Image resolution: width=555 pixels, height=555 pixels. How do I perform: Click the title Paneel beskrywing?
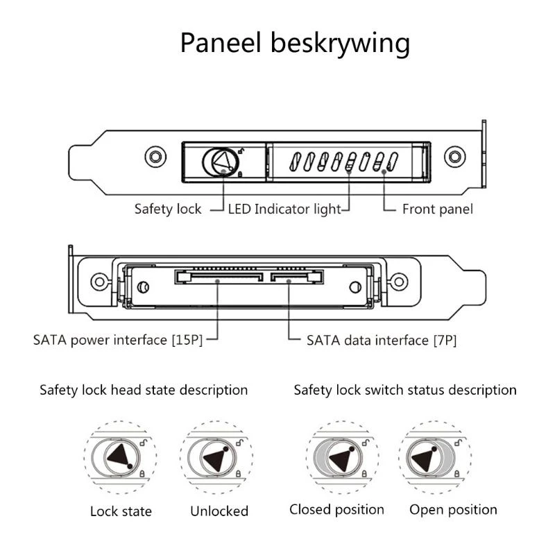click(x=295, y=43)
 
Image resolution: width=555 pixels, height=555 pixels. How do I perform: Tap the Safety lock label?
click(x=168, y=209)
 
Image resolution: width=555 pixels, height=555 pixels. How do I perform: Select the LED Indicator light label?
click(x=284, y=209)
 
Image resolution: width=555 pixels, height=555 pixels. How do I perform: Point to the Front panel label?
click(x=437, y=209)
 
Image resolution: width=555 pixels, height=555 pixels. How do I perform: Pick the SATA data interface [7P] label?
click(x=381, y=340)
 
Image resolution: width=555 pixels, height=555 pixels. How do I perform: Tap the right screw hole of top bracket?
click(x=455, y=155)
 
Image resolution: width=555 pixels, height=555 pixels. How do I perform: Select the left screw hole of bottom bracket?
click(x=99, y=282)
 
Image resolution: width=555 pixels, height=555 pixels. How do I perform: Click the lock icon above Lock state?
click(x=121, y=458)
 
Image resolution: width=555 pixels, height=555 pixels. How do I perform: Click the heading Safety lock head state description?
click(x=144, y=390)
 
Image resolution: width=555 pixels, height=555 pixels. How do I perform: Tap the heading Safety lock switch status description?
click(x=405, y=390)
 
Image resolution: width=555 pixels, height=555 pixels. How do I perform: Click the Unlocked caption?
click(x=219, y=511)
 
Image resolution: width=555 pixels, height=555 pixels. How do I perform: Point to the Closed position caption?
click(x=336, y=510)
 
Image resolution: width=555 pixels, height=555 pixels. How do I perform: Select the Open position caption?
click(x=453, y=510)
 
